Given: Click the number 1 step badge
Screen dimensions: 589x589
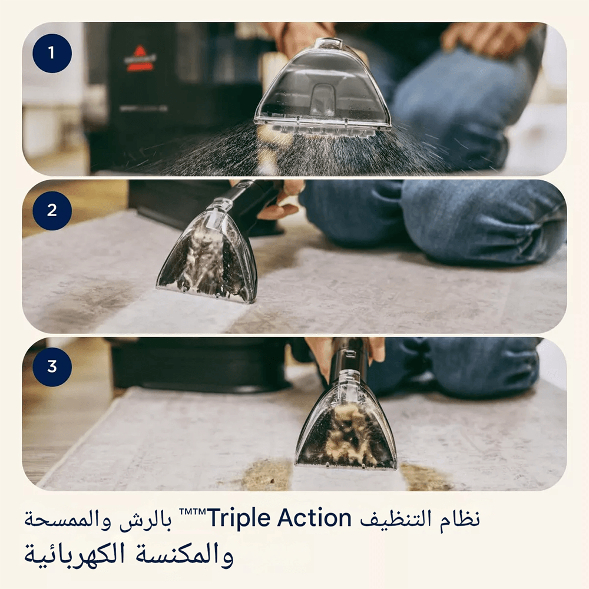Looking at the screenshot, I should pos(52,53).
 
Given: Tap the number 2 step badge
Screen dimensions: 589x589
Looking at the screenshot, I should pos(52,210).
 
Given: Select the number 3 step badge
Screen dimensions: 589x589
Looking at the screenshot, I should pos(52,366).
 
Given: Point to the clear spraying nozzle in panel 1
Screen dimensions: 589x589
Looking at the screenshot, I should pos(323,88).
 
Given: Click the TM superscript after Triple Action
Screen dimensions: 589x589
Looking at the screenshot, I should pos(191,511).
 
